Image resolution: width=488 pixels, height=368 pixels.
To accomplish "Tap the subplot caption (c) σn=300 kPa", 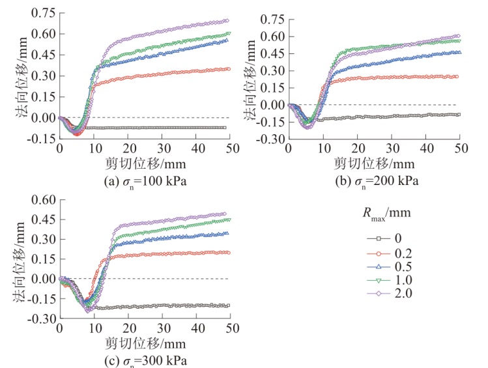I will coord(143,360).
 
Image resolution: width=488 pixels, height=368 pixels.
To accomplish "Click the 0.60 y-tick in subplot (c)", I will coord(41,198).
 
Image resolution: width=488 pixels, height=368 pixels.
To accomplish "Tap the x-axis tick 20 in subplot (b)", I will coord(357,149).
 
